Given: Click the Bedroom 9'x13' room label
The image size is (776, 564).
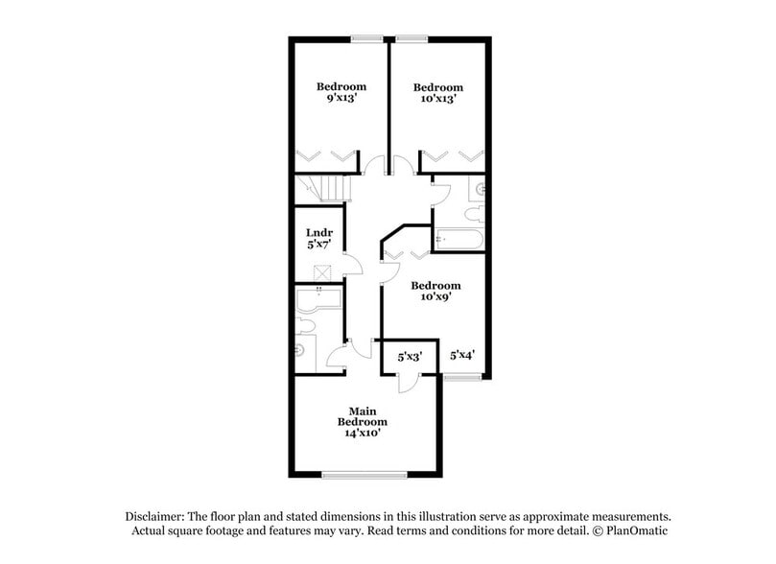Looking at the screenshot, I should coord(341,92).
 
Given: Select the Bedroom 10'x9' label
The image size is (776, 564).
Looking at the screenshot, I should coord(435,291).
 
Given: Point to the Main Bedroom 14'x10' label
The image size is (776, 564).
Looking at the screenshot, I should coord(362,422).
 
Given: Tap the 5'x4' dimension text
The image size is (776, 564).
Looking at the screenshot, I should coord(463,355).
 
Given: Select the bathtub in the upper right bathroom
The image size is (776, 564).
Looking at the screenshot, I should coord(458,240).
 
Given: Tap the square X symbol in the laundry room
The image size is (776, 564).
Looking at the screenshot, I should coord(321,271).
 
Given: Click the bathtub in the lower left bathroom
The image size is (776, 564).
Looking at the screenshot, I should coord(317,299).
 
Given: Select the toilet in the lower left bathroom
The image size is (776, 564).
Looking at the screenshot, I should coord(303,350).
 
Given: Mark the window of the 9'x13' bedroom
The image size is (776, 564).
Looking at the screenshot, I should coord(366,38).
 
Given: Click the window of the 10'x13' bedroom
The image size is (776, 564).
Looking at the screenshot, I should coord(412,38).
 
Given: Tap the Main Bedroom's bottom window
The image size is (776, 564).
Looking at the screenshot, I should coord(364,474).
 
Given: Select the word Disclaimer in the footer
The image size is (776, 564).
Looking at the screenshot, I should coord(159,515).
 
